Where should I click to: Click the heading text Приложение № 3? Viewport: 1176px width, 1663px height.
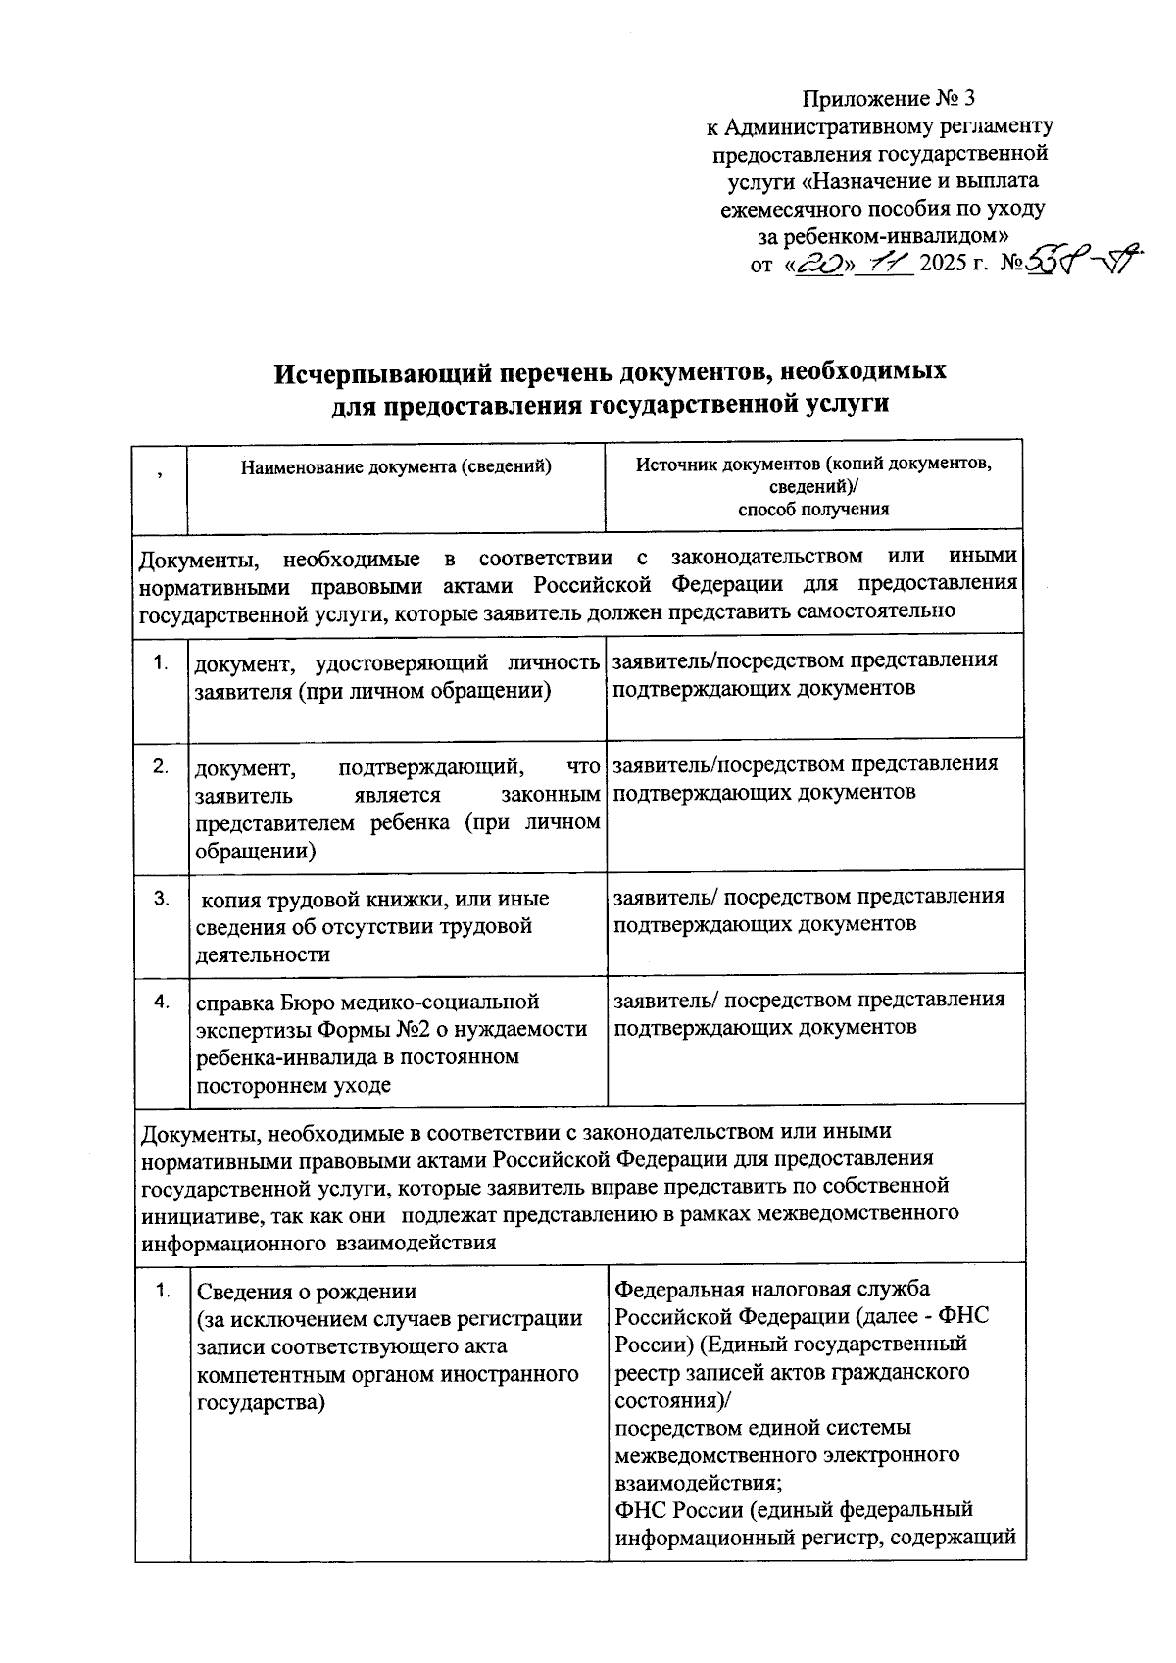click(889, 99)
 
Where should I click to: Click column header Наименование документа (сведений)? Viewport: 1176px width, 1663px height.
click(396, 467)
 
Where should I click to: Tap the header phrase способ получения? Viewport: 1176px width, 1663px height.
click(813, 509)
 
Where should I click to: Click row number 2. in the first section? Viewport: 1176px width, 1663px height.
click(161, 765)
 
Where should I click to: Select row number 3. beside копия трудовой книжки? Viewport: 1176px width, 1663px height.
click(161, 899)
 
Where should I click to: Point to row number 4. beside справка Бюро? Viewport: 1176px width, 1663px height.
click(161, 1002)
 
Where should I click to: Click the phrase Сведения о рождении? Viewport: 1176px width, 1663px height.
click(307, 1291)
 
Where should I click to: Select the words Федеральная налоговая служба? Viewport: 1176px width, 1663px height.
click(772, 1289)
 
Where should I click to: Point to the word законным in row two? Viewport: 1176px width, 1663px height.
click(557, 794)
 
